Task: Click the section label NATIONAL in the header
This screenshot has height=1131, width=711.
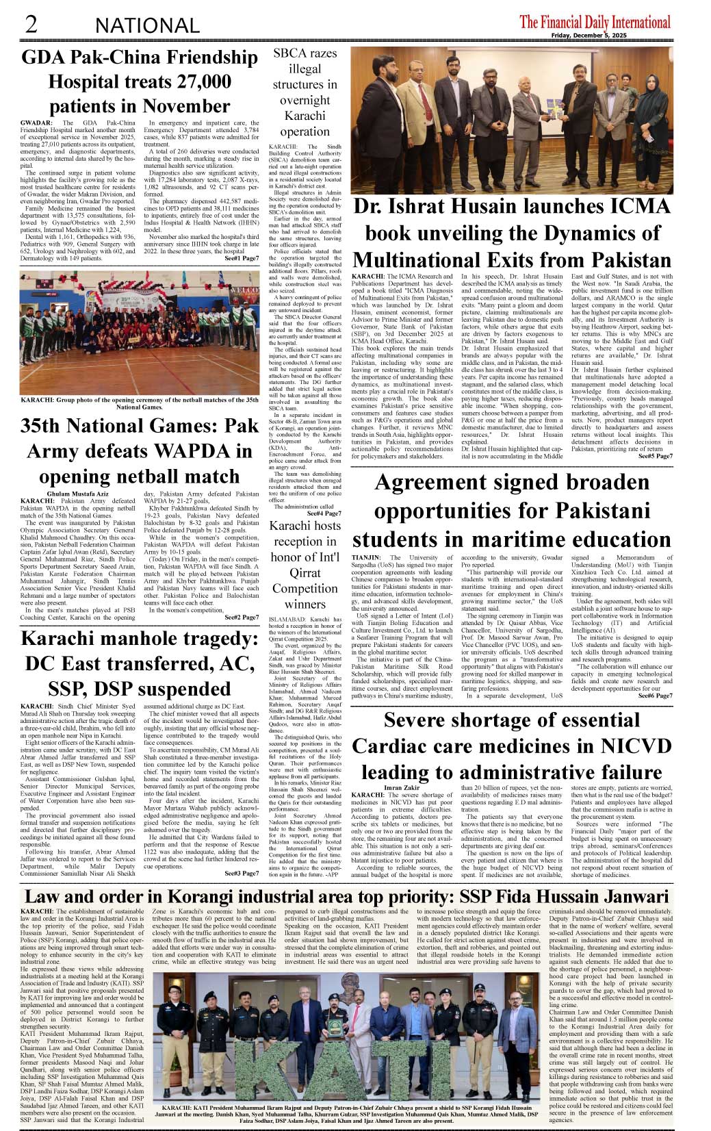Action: pos(147,26)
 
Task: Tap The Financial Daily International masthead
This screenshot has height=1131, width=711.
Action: pos(595,22)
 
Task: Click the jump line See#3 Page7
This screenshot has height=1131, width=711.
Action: pos(242,873)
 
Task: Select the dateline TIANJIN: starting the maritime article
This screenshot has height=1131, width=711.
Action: pos(367,558)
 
